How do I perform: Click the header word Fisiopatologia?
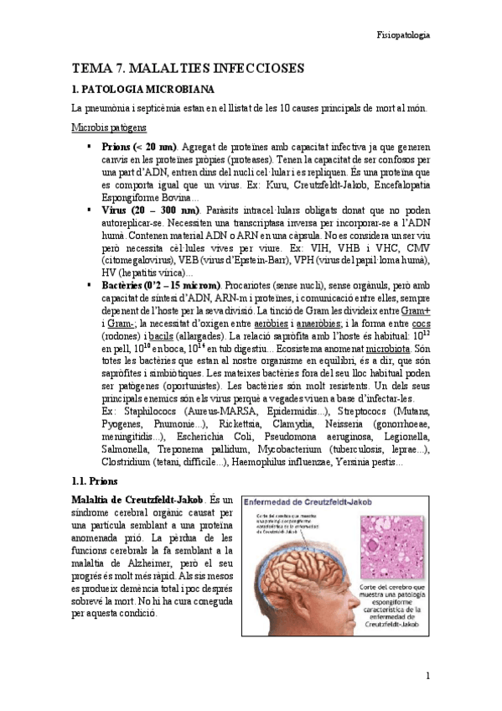(401, 36)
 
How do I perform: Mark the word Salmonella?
(124, 449)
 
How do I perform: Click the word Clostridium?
(126, 462)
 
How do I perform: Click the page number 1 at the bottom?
(427, 675)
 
